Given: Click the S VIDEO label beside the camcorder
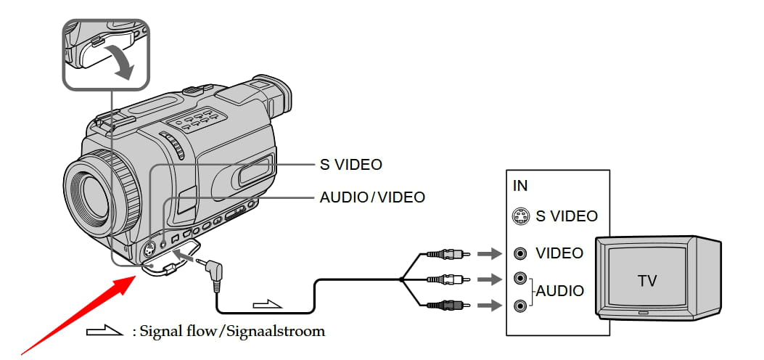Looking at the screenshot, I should tap(350, 165).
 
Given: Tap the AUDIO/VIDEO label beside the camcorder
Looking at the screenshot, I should tap(372, 197).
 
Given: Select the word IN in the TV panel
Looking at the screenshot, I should tap(520, 185).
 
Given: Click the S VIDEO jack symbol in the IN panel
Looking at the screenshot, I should tap(519, 216).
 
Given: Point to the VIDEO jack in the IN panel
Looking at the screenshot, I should tap(519, 253).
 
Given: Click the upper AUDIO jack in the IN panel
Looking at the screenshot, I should tap(519, 278).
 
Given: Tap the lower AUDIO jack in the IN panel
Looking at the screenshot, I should tap(519, 306).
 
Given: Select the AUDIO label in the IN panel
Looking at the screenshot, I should tap(559, 292).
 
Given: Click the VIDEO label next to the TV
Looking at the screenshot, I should tap(559, 253).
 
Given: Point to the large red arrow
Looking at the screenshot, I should tap(80, 311).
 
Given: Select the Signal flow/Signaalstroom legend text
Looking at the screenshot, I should tap(228, 332).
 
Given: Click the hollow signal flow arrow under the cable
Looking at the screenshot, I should tap(268, 302).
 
